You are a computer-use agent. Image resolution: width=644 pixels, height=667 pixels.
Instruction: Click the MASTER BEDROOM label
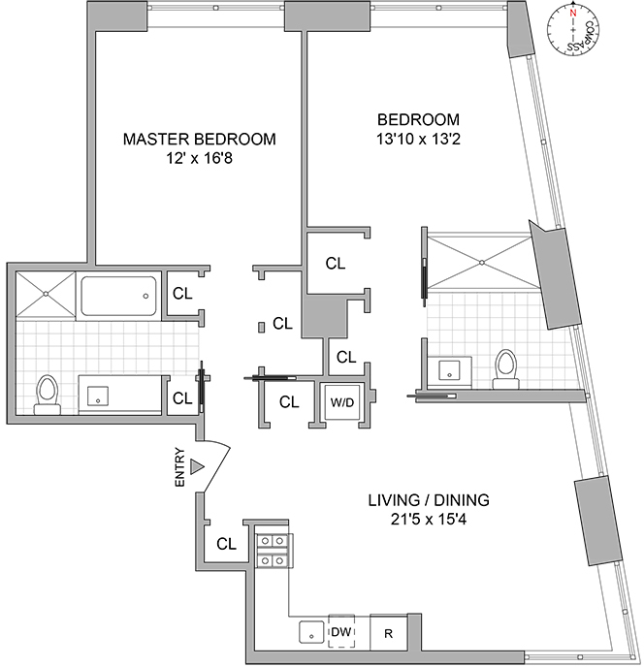tap(199, 139)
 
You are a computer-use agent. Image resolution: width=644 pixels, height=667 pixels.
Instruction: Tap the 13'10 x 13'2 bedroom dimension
tap(418, 139)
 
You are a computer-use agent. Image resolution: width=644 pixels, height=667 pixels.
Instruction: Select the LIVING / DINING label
tap(429, 500)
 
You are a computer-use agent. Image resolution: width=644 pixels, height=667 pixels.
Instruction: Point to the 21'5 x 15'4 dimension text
tap(429, 520)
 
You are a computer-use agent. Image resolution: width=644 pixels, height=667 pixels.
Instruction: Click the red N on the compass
tap(573, 14)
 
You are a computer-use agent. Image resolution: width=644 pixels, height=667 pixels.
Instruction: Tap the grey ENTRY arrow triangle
tap(197, 466)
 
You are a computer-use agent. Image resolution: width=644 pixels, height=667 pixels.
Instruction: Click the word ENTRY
tap(180, 467)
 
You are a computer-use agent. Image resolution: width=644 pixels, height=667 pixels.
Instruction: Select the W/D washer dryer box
tap(342, 402)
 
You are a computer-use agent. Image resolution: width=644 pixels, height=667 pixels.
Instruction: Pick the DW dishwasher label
tap(341, 632)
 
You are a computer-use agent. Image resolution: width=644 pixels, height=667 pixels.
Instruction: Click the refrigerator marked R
tap(389, 632)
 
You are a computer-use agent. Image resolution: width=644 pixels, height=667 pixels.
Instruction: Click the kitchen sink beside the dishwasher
tap(311, 632)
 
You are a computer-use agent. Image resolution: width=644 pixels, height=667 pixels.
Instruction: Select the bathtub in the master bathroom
tap(118, 296)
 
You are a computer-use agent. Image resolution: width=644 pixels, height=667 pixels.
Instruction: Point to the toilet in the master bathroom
tap(47, 395)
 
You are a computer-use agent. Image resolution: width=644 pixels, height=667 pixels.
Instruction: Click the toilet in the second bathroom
tap(506, 368)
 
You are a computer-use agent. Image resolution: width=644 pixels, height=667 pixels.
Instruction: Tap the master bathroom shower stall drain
tap(46, 294)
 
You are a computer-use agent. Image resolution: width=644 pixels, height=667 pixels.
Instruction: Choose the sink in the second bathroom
tap(450, 371)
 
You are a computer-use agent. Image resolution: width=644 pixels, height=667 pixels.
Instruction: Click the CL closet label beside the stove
tap(226, 544)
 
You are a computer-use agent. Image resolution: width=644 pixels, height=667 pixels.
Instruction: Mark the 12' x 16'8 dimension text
tap(199, 159)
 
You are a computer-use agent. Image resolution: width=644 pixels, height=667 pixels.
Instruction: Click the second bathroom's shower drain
tap(481, 263)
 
